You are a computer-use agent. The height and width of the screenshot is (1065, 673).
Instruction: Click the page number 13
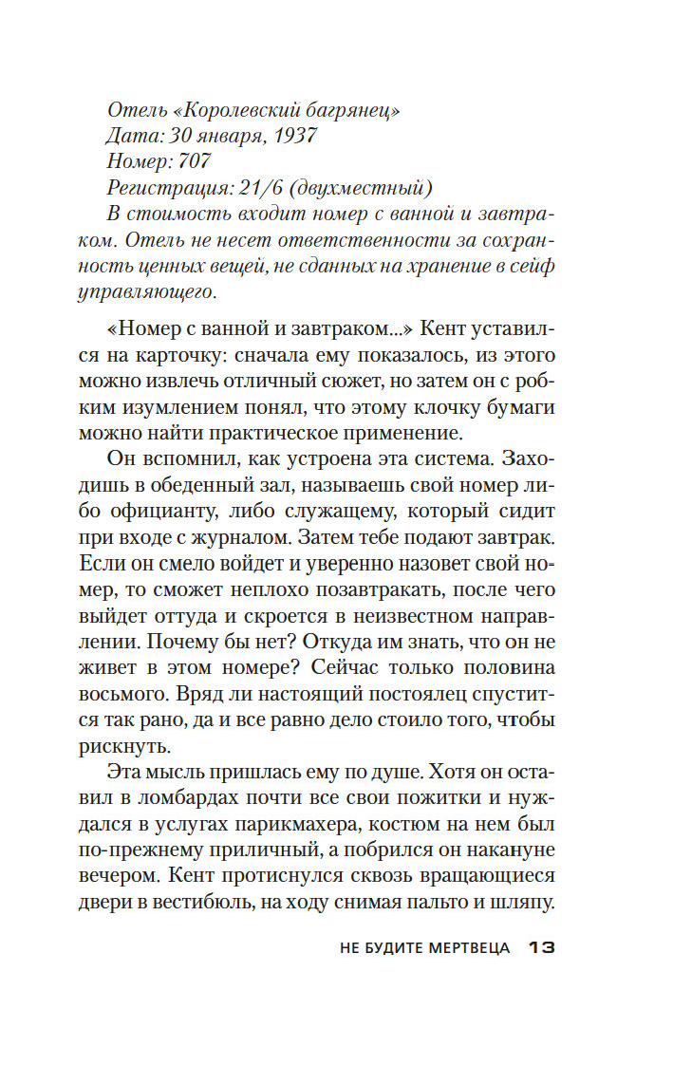[541, 948]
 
